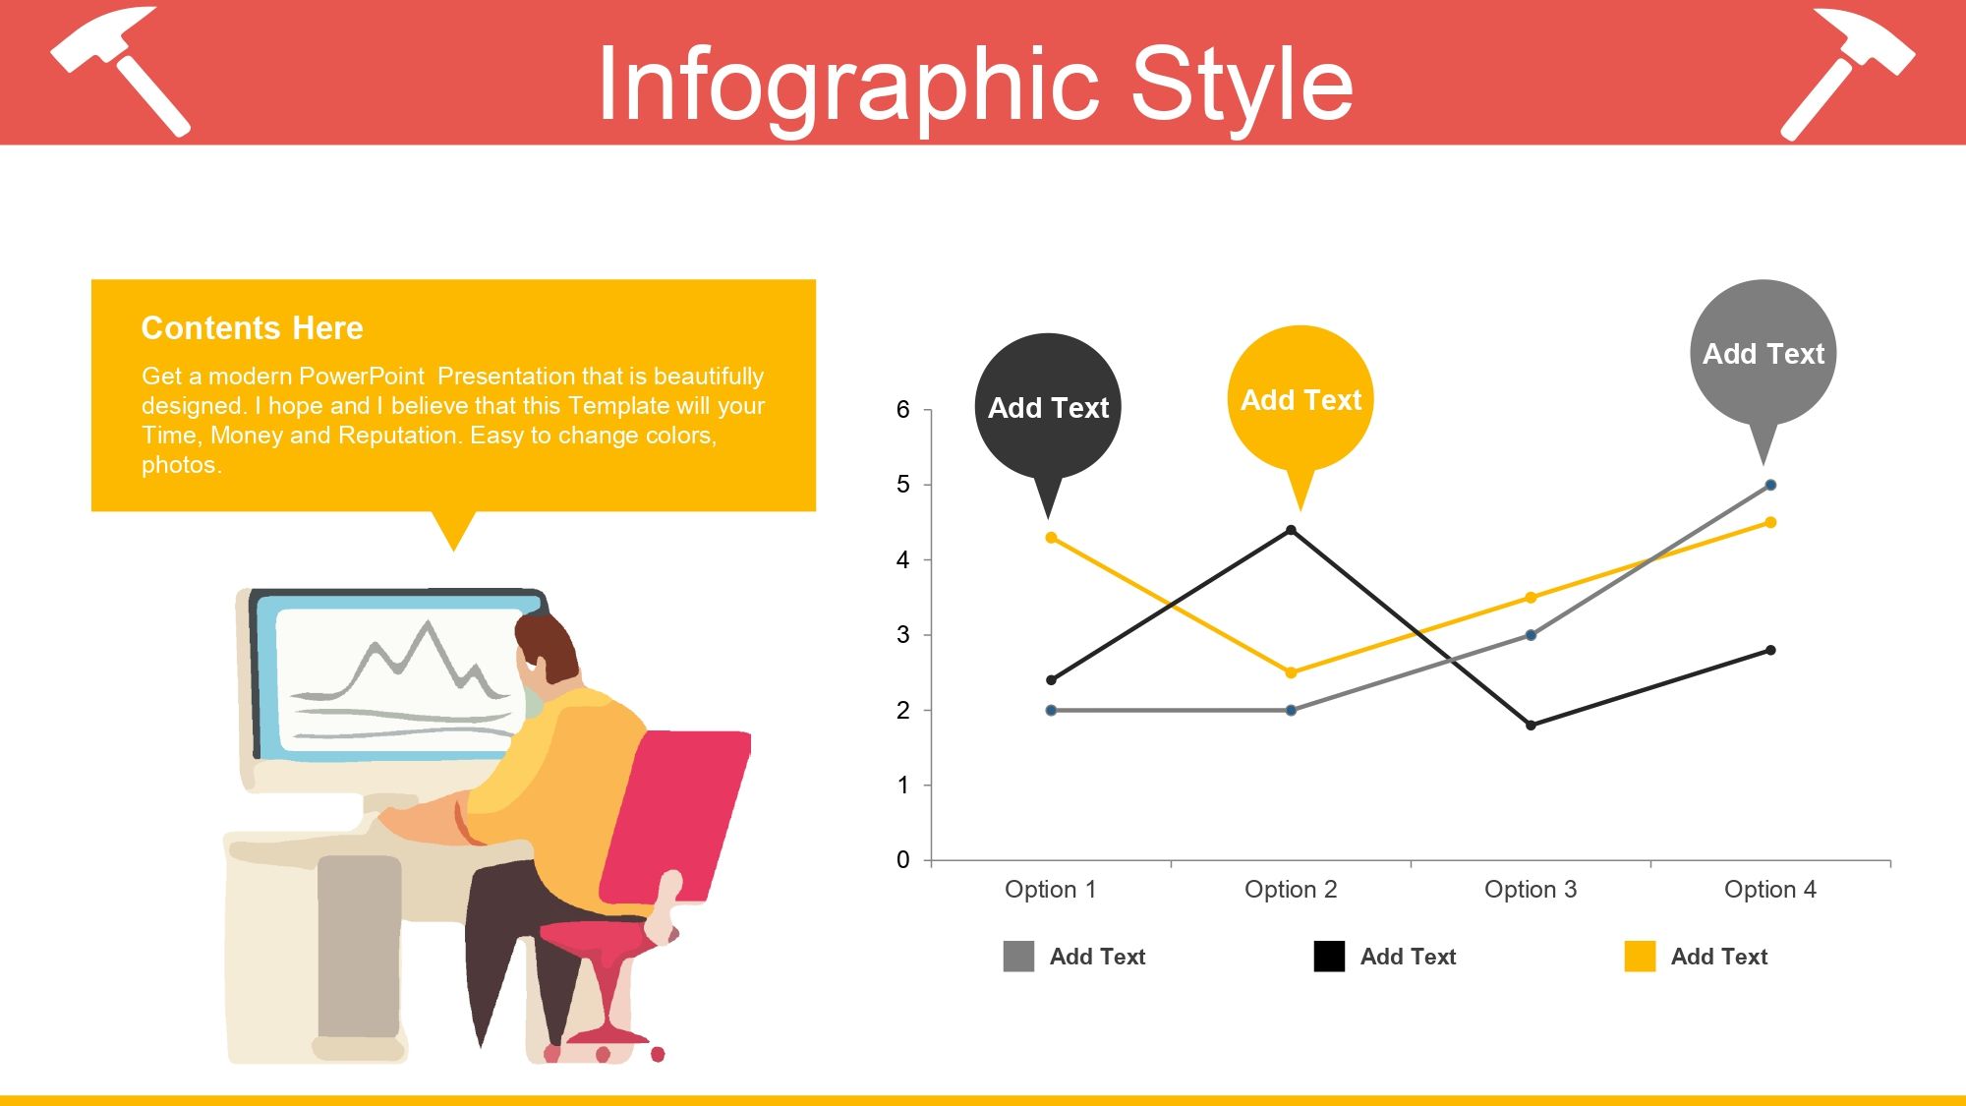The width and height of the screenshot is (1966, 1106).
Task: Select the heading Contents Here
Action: tap(253, 328)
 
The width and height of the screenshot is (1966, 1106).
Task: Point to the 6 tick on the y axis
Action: tap(903, 410)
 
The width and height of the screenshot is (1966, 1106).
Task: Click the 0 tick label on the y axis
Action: tap(903, 860)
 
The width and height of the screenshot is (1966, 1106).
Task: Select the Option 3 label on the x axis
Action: tap(1531, 890)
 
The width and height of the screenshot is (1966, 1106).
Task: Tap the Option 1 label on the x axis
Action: tap(1050, 890)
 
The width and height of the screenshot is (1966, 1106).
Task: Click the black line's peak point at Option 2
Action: tap(1291, 531)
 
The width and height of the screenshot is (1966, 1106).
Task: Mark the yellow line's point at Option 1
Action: tap(1051, 538)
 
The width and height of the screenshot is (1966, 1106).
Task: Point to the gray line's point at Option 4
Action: tap(1770, 485)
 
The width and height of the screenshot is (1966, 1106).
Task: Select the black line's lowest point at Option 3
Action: tap(1531, 726)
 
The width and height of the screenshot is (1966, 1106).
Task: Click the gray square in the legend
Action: tap(1018, 957)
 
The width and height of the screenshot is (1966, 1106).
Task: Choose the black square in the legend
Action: tap(1329, 957)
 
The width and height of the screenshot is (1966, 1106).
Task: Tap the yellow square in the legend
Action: tap(1640, 957)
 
